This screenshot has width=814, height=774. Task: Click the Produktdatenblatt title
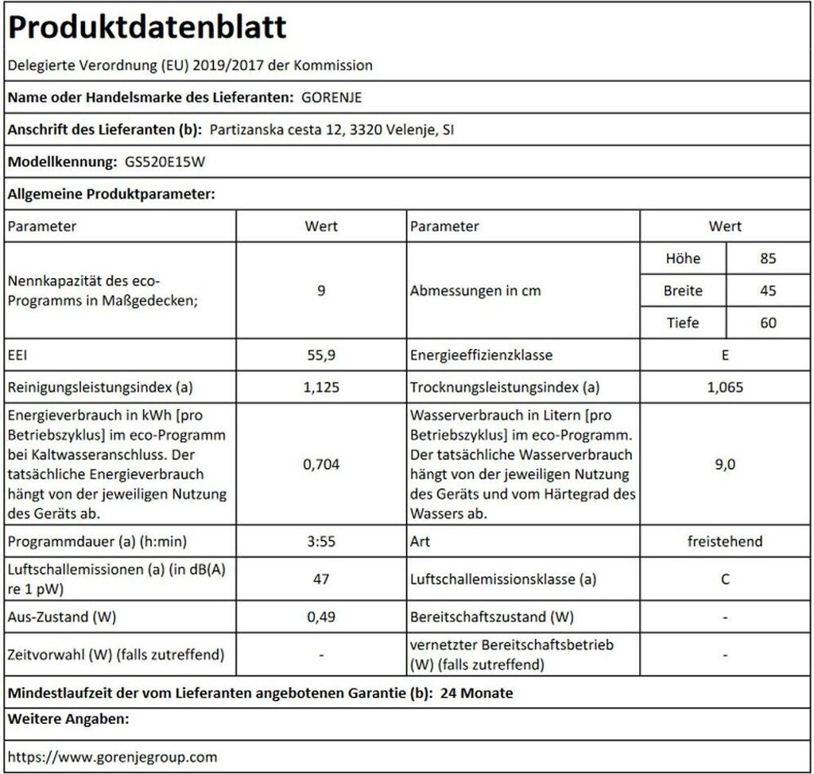coord(147,28)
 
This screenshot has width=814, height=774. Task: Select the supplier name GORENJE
coord(332,99)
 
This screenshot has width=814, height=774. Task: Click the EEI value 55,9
coord(320,355)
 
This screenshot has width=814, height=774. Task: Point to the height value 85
coord(767,258)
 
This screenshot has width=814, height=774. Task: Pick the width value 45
coord(767,291)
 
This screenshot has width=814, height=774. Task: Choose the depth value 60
coord(767,323)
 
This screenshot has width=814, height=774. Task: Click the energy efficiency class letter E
coord(725,355)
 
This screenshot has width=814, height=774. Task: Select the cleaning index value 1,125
coord(320,388)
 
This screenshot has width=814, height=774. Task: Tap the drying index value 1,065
coord(725,388)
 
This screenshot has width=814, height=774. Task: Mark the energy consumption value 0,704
coord(320,464)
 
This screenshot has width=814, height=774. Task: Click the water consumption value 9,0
coord(725,464)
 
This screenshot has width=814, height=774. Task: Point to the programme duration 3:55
coord(320,541)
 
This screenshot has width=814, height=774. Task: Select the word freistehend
coord(725,541)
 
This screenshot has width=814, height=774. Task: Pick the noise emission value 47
coord(320,579)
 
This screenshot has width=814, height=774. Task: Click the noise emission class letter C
coord(725,579)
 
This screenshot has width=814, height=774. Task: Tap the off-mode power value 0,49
coord(320,617)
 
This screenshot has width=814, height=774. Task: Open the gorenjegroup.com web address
coord(112,757)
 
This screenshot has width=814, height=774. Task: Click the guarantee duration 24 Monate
coord(476,693)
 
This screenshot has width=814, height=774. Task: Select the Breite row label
coord(683,291)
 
